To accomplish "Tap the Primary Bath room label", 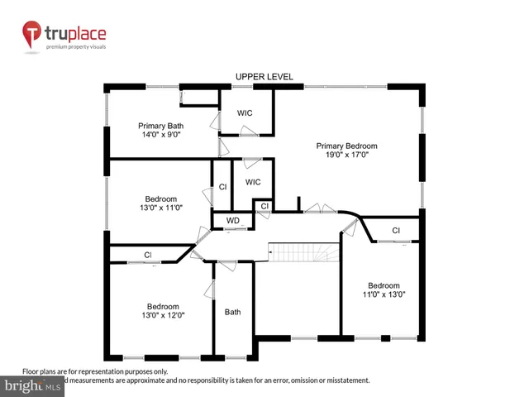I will coord(160,126).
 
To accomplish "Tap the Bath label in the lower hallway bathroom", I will coord(233,312).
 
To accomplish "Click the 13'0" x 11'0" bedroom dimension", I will coord(161,208).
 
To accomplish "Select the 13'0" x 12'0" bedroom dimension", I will coord(162,314).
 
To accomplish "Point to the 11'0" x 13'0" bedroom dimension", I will coord(384,294).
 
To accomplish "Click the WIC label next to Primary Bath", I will coord(244,112).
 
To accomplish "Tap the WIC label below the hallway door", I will coord(253,182).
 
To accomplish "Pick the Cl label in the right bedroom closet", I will coord(396,230).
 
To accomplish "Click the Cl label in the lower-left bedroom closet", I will coord(148,255).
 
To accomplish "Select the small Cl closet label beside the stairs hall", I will coord(264,206).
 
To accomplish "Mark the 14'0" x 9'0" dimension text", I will coord(160,135).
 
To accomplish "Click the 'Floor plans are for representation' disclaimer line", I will coord(95,371).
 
